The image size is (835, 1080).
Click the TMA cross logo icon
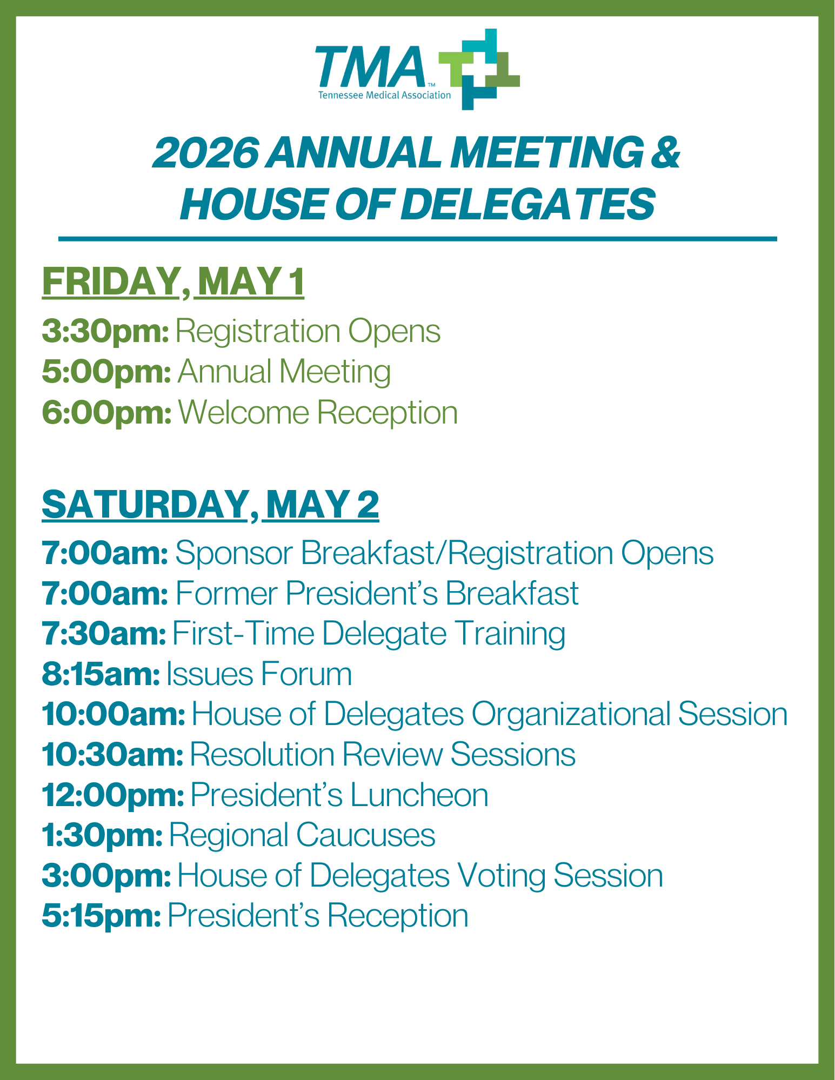click(479, 69)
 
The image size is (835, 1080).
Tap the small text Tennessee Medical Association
click(384, 96)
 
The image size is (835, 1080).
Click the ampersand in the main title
click(666, 152)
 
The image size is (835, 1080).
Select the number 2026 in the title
click(206, 152)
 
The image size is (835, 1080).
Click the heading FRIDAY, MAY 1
click(173, 281)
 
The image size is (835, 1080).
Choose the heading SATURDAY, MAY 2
click(210, 505)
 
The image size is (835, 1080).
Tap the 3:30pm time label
click(106, 331)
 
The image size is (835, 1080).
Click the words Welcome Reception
click(318, 413)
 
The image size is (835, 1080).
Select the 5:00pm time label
click(107, 372)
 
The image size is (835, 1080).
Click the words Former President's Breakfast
click(377, 593)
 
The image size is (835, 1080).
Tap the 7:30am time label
click(104, 634)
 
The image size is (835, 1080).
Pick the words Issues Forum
click(259, 674)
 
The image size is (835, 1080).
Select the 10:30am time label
click(113, 755)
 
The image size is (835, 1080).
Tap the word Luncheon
click(419, 795)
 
